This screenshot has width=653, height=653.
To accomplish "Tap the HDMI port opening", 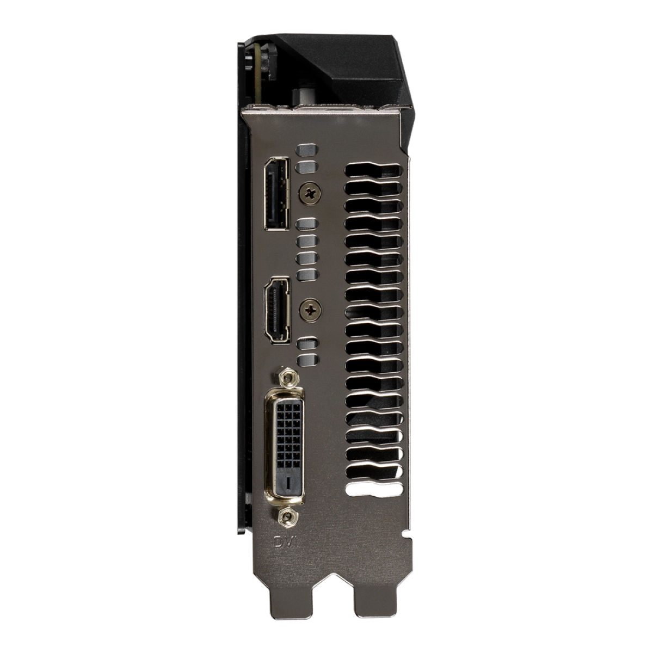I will pos(278,311).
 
